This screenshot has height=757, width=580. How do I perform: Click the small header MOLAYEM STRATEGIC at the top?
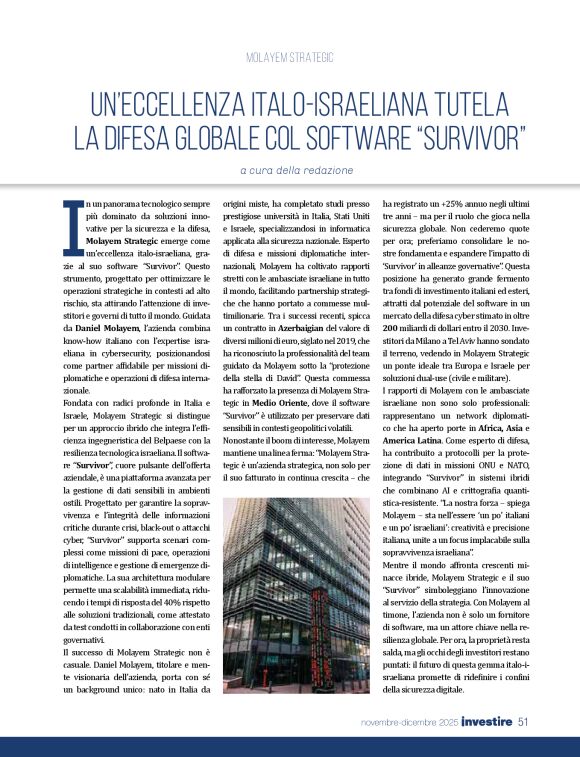(289, 59)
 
